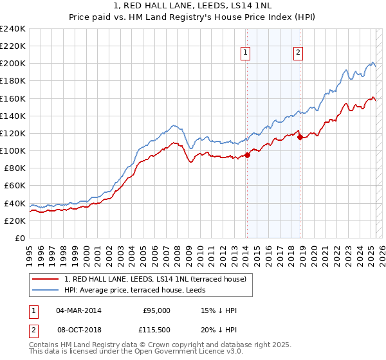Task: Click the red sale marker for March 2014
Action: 247,155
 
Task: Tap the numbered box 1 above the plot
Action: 246,54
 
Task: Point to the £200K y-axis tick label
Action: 13,64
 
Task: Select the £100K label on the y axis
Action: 13,150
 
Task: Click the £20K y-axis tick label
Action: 15,221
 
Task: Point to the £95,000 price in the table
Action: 156,310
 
